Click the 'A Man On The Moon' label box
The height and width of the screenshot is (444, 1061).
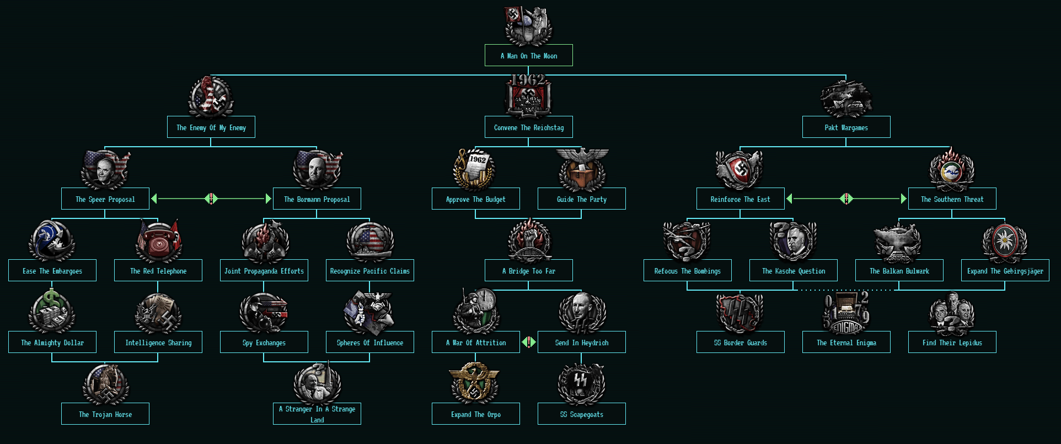click(x=528, y=56)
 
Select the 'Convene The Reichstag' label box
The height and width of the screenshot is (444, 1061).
click(x=528, y=127)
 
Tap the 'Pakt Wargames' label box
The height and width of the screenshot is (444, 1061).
click(x=846, y=127)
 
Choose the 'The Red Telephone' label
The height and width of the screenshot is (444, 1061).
click(x=158, y=271)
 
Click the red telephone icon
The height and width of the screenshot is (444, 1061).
click(x=158, y=240)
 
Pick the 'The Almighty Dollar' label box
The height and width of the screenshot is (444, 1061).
click(x=52, y=343)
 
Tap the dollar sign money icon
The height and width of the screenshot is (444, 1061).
click(x=52, y=312)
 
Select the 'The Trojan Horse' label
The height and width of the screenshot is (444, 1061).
click(x=105, y=414)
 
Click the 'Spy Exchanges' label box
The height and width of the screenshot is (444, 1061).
click(x=264, y=343)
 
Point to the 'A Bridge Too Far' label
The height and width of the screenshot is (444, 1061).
click(x=528, y=271)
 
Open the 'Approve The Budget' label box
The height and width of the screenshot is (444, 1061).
click(x=475, y=199)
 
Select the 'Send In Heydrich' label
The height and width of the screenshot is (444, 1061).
click(x=582, y=343)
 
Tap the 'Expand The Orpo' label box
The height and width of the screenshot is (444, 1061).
click(x=475, y=414)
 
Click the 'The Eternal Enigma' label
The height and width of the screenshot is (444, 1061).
click(x=846, y=343)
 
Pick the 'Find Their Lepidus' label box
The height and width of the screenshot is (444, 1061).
click(x=952, y=343)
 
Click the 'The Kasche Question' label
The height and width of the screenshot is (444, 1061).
click(x=793, y=271)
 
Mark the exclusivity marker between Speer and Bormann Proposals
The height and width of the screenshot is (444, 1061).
click(x=211, y=199)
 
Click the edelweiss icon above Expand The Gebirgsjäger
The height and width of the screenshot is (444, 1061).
click(x=1005, y=242)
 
